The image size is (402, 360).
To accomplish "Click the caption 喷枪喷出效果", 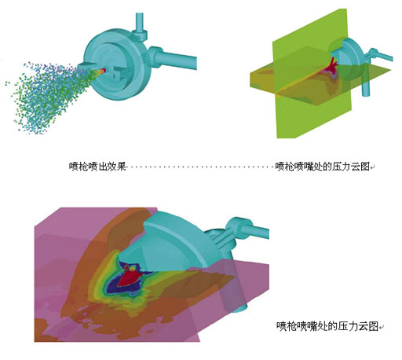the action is point(97,166).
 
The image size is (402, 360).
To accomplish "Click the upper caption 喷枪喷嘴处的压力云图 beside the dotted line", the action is point(323,166).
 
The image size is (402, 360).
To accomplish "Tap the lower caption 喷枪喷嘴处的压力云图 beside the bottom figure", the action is point(327,326).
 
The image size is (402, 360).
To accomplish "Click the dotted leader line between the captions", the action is point(201,167).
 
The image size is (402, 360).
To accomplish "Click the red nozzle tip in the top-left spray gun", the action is point(103,70).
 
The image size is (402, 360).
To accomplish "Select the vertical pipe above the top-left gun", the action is point(140,23).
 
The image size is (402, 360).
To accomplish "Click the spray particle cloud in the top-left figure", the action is point(47,97).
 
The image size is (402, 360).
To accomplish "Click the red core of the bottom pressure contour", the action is point(129,277).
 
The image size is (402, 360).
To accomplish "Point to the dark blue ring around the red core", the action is point(111,285).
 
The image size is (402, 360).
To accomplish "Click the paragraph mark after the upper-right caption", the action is point(372,167).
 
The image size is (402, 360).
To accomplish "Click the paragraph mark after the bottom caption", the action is point(382,327).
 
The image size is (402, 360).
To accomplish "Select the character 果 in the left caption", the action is point(122,166).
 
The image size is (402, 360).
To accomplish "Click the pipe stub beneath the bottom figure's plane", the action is point(241,309).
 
